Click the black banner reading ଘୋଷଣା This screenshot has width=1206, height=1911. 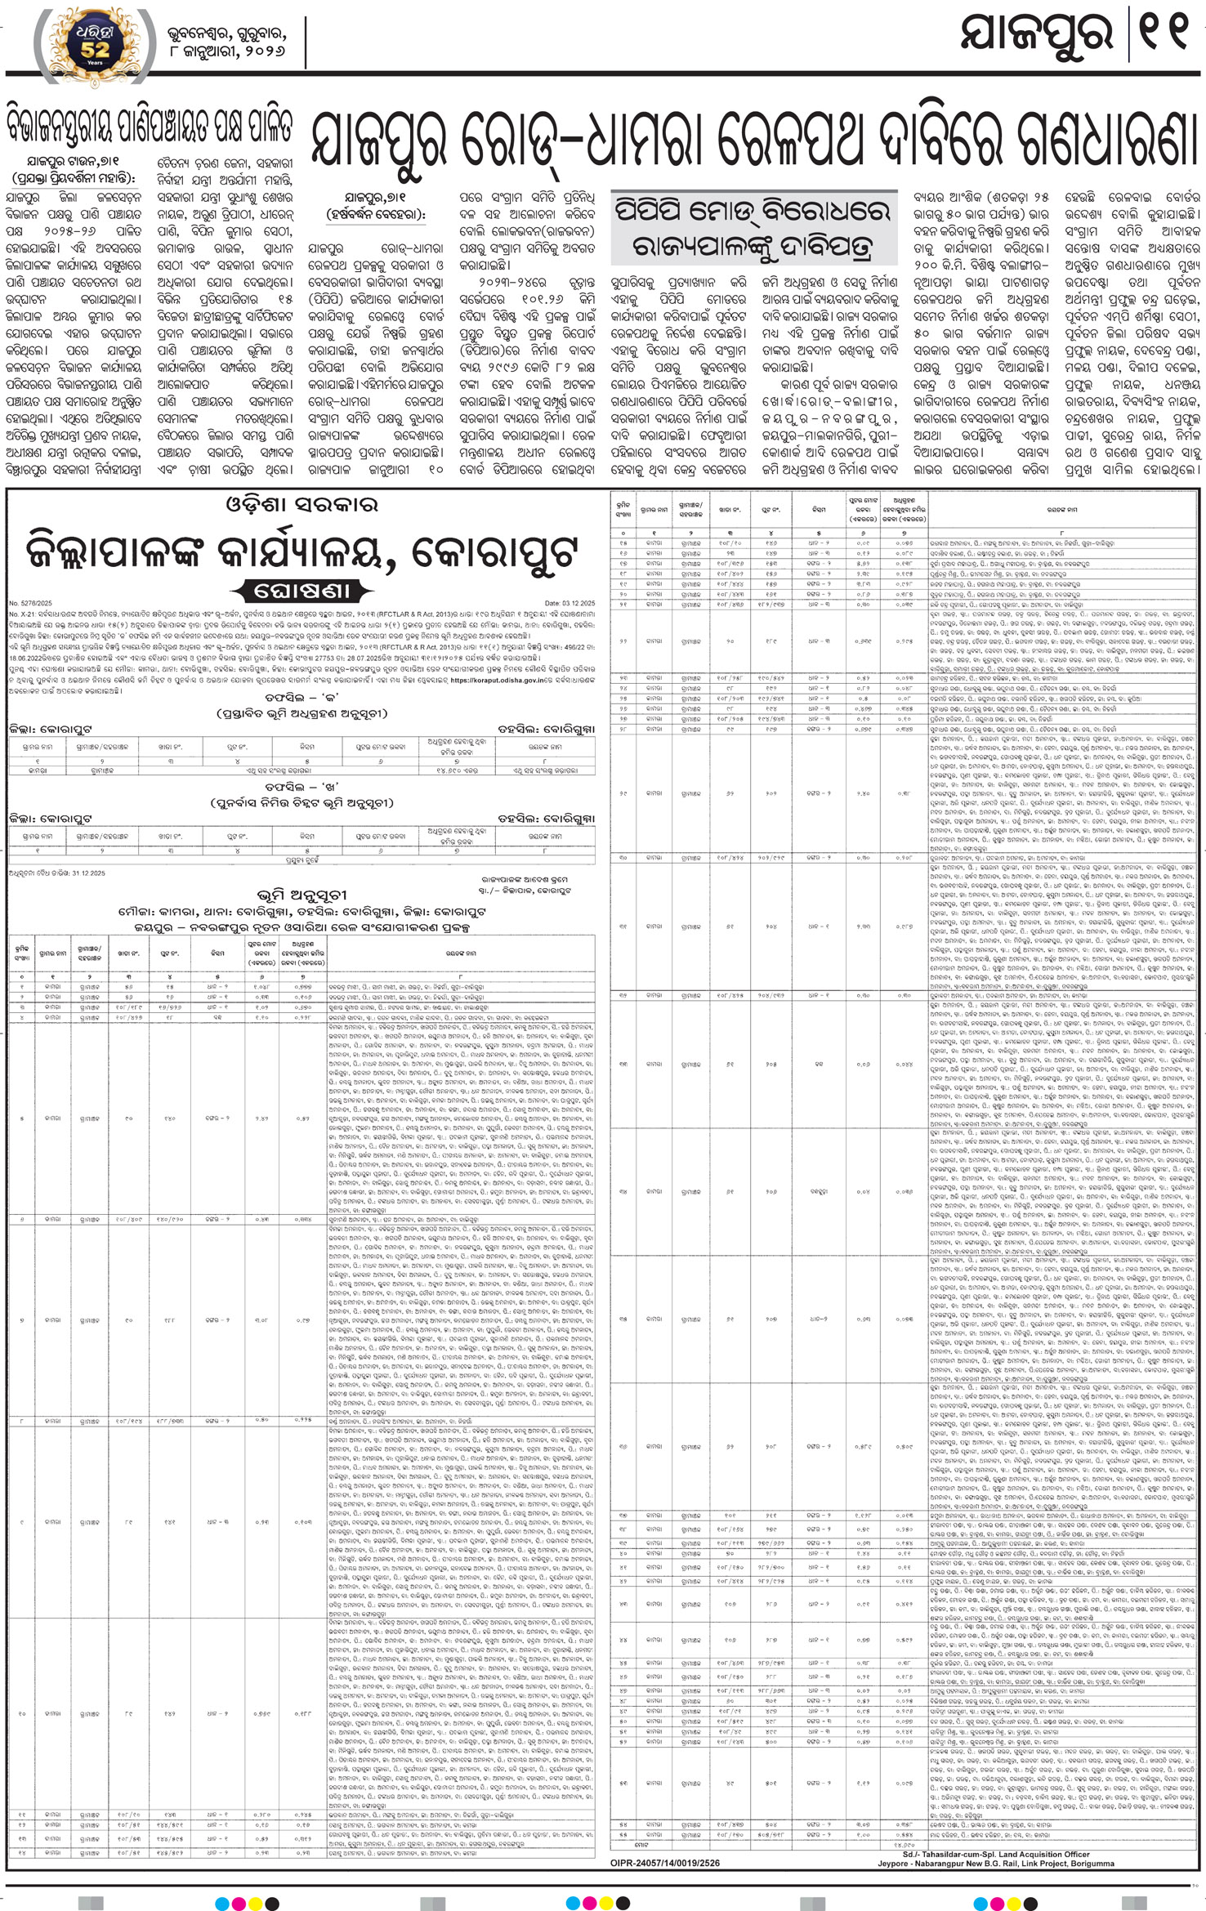[x=301, y=592]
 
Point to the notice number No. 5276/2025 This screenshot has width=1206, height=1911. [x=29, y=603]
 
